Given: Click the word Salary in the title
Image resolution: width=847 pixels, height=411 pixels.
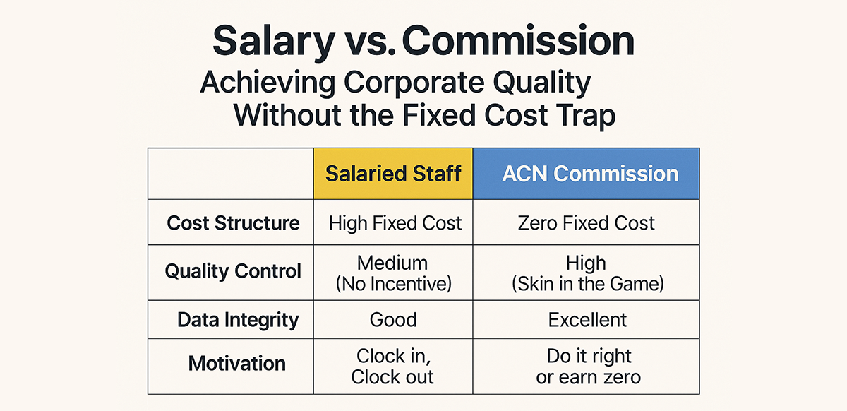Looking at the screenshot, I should coord(272,42).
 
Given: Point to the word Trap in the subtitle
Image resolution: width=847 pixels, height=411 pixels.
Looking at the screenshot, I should coord(582,115).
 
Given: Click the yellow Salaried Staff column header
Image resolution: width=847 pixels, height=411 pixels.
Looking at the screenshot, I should coord(393,174).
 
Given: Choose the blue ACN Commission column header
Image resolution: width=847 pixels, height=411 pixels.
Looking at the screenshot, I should coord(586,174).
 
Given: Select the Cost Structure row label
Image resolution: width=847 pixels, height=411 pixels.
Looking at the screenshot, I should coord(233,224).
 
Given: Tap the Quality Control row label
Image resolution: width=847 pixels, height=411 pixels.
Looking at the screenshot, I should coord(233,271).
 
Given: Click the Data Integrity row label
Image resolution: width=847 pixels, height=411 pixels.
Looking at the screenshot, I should coord(238,320).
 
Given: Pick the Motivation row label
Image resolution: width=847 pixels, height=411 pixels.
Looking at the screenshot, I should coord(237,364).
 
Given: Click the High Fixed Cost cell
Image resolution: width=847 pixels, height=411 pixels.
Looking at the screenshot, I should coord(395,224).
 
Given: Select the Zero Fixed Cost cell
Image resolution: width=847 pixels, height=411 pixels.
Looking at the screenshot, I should coord(586,224).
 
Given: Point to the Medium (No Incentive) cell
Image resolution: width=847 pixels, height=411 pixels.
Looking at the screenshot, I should coord(394,273).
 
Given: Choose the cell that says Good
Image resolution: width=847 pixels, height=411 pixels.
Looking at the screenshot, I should coord(393,320).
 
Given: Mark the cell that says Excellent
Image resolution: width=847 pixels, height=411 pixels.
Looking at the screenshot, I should coord(587,320).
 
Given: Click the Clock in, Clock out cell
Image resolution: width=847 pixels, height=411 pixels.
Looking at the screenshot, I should coord(393,365).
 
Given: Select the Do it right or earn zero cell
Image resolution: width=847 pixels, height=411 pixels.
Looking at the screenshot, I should coord(588,365).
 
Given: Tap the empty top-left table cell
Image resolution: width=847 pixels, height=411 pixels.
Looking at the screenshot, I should coord(230,174).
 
